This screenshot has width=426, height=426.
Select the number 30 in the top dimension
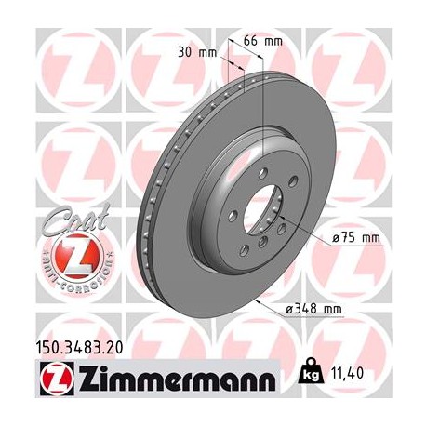[184, 52]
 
